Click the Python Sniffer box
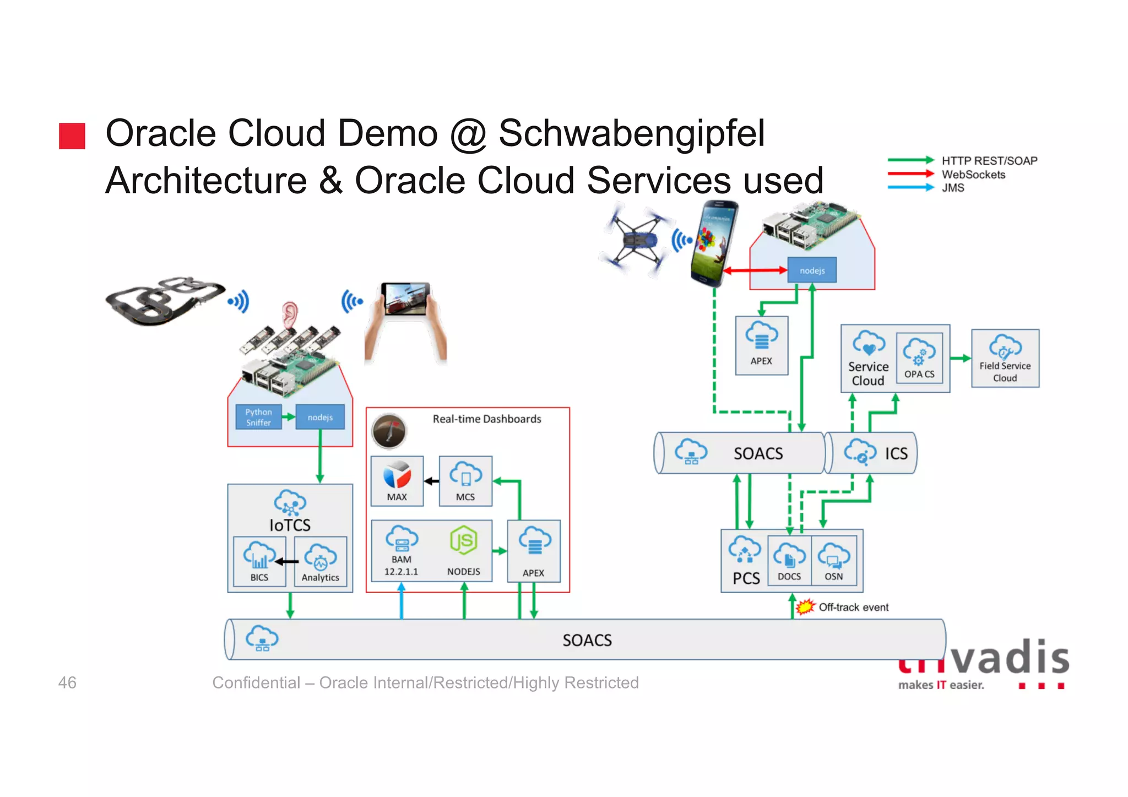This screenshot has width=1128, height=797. [258, 417]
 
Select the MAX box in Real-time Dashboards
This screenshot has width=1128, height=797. [397, 481]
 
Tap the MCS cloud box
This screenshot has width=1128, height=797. [465, 481]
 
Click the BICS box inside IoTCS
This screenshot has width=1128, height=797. [259, 561]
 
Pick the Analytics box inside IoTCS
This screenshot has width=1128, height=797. [321, 561]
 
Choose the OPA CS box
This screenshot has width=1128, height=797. [919, 358]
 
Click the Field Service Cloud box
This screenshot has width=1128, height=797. [1005, 359]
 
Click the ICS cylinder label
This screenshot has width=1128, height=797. [896, 453]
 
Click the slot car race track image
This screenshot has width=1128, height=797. [164, 300]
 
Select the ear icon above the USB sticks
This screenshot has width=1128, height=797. [290, 315]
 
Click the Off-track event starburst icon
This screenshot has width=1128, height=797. [805, 607]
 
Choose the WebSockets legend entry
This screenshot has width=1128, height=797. [973, 175]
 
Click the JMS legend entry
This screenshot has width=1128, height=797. [953, 188]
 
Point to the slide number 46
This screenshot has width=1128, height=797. [67, 682]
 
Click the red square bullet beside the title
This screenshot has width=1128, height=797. [72, 136]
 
